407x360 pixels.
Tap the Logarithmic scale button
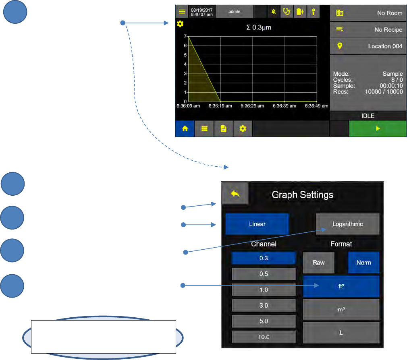(347, 224)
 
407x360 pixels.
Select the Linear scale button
(257, 224)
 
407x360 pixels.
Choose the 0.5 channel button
(264, 274)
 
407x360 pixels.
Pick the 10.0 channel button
(264, 337)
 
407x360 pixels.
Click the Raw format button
(319, 262)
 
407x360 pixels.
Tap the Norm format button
(363, 262)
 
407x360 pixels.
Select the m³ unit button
(341, 309)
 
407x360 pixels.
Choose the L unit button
(341, 333)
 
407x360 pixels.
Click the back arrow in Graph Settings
(235, 194)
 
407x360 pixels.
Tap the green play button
(378, 129)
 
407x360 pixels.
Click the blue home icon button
(185, 129)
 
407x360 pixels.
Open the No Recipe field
(368, 30)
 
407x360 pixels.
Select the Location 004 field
(368, 46)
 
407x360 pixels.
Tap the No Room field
(368, 13)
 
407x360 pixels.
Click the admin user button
(235, 11)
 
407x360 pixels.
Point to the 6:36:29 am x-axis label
(252, 106)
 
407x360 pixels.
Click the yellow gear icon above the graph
(180, 24)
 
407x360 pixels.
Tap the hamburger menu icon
(182, 11)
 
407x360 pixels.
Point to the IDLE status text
(368, 116)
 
